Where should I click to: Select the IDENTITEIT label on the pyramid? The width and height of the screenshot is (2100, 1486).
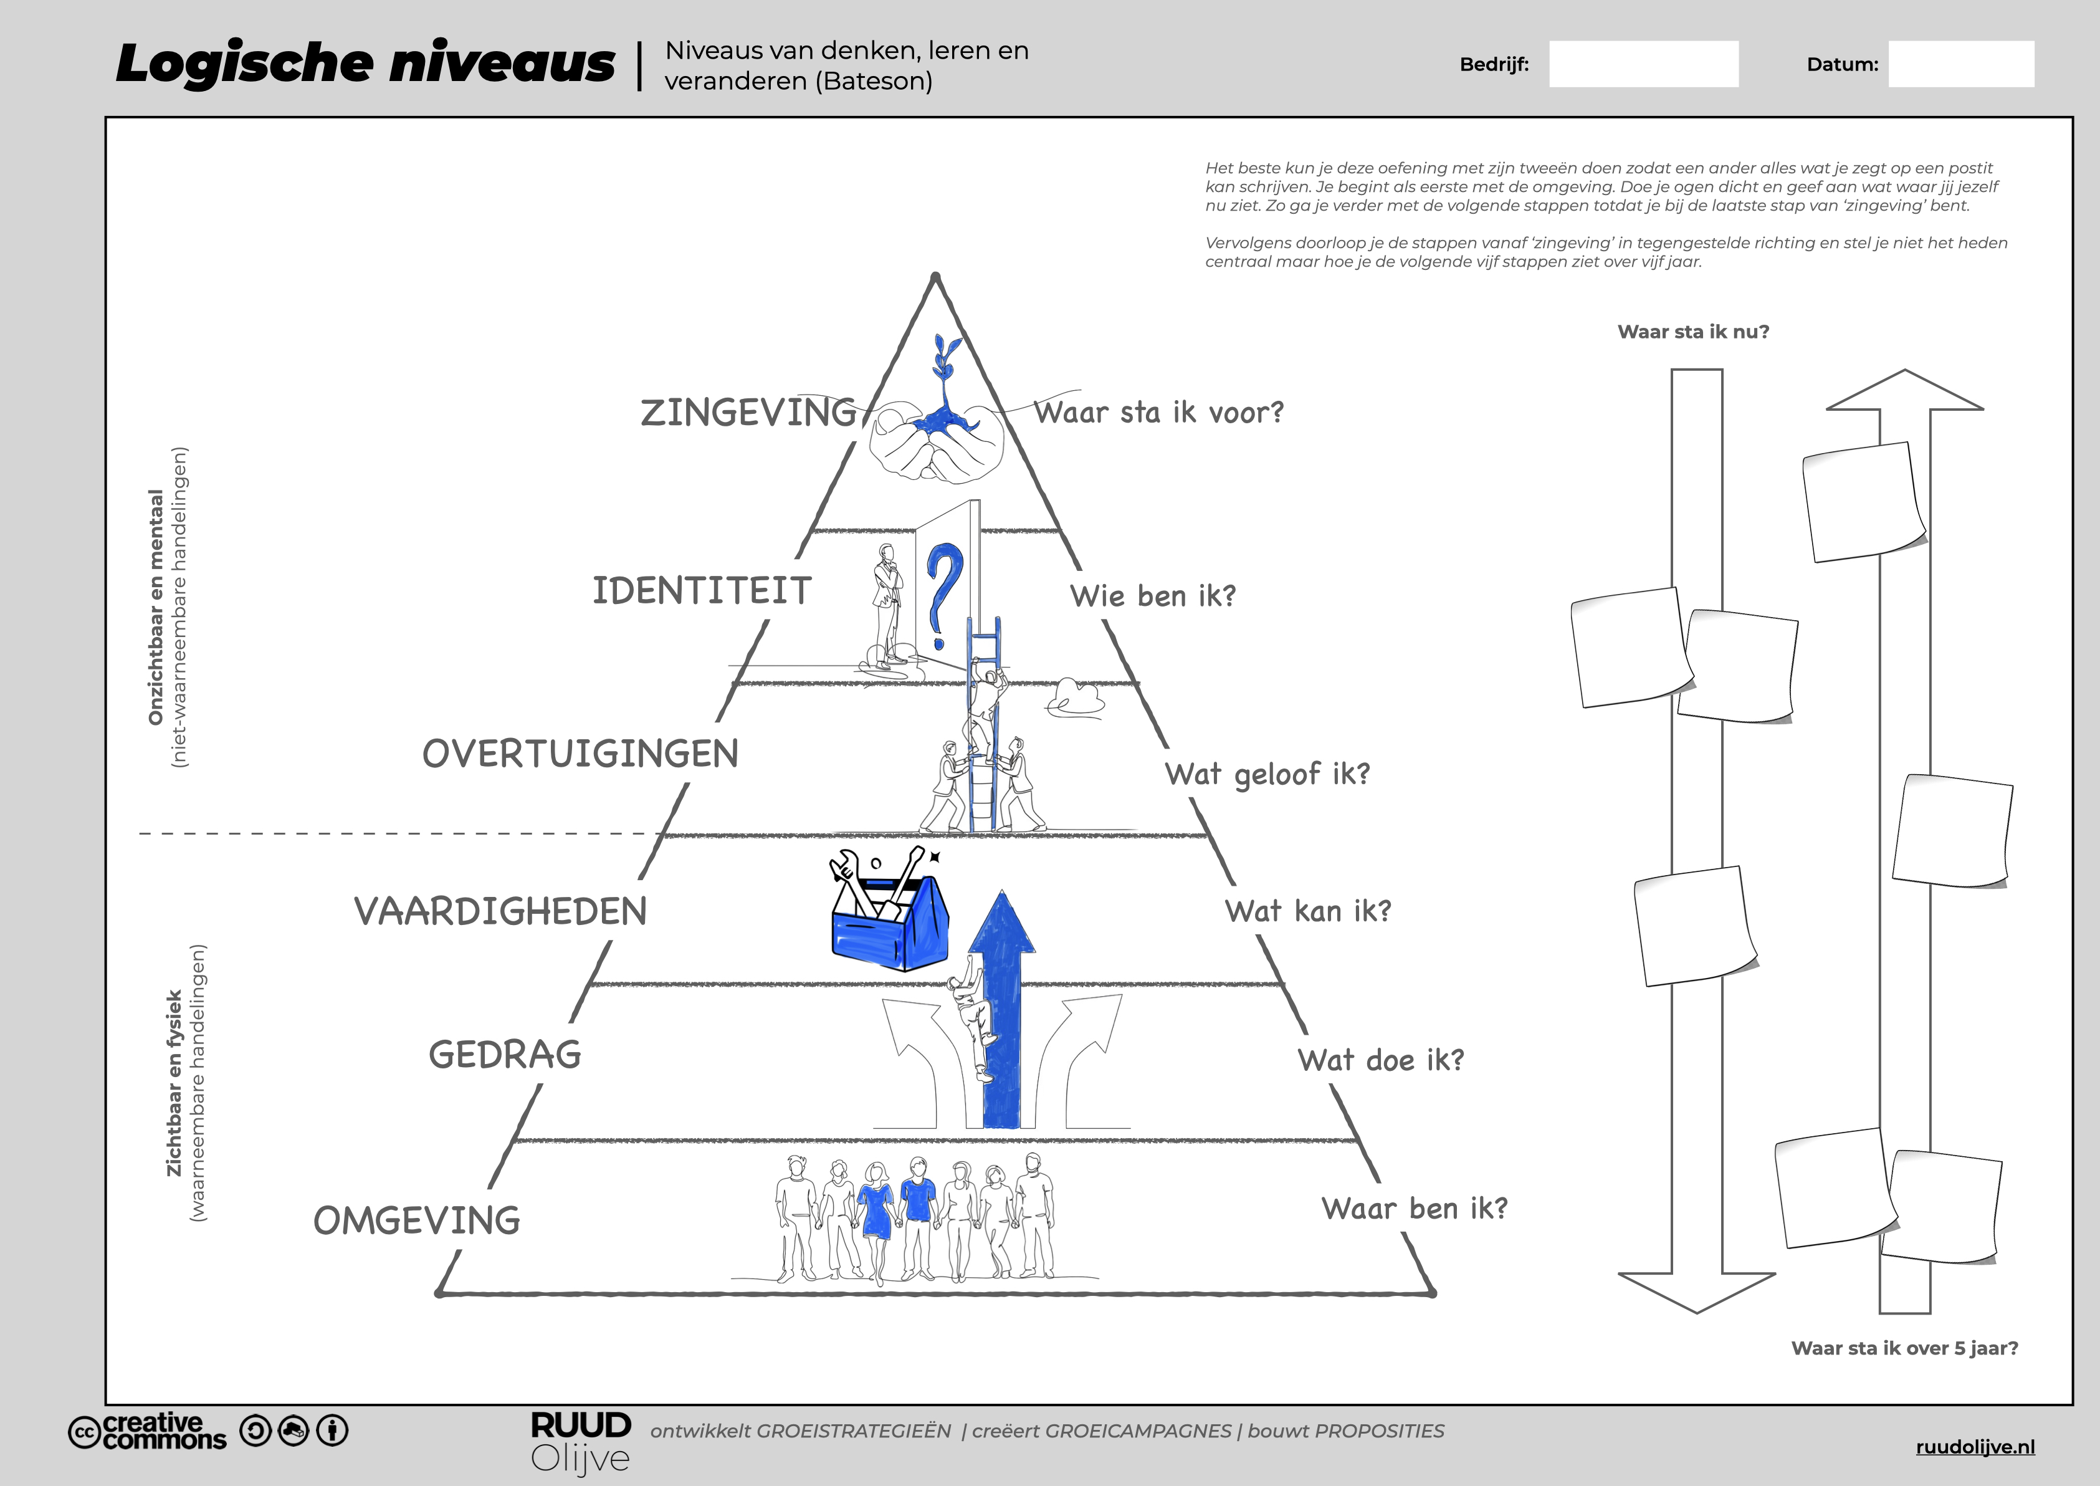click(x=702, y=591)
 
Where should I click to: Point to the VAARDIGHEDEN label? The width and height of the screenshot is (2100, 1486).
click(x=500, y=911)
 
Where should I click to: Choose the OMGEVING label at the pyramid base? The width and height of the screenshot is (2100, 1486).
click(x=417, y=1220)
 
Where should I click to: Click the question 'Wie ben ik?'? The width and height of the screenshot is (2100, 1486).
click(x=1152, y=597)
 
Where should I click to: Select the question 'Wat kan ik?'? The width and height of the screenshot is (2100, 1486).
click(x=1308, y=911)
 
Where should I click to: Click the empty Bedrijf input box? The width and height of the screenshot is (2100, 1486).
click(x=1644, y=64)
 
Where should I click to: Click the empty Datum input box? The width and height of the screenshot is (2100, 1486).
click(x=1961, y=64)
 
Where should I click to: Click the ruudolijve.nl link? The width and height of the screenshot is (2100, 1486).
click(x=1975, y=1447)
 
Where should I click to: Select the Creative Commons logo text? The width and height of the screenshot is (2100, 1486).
click(x=149, y=1431)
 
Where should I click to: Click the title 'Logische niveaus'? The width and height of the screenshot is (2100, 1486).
click(x=366, y=64)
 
